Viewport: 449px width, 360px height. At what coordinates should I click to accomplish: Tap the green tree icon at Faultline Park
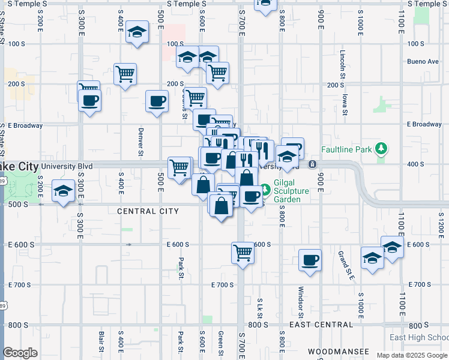pos(379,148)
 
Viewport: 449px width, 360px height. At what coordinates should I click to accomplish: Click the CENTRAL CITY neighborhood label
pos(148,211)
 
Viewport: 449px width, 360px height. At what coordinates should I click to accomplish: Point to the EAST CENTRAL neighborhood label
pos(321,325)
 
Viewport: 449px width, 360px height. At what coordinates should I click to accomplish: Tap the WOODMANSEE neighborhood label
pos(337,350)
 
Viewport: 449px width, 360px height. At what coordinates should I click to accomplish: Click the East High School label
pos(419,337)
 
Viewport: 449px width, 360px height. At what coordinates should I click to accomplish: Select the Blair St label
pos(102,343)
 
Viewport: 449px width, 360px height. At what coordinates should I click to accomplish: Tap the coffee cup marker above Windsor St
pos(310,260)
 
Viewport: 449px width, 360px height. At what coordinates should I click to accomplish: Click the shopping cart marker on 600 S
pos(243,253)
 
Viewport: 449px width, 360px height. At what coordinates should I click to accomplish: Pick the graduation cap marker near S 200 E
pos(62,191)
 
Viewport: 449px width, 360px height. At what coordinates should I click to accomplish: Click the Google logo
pos(20,353)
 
